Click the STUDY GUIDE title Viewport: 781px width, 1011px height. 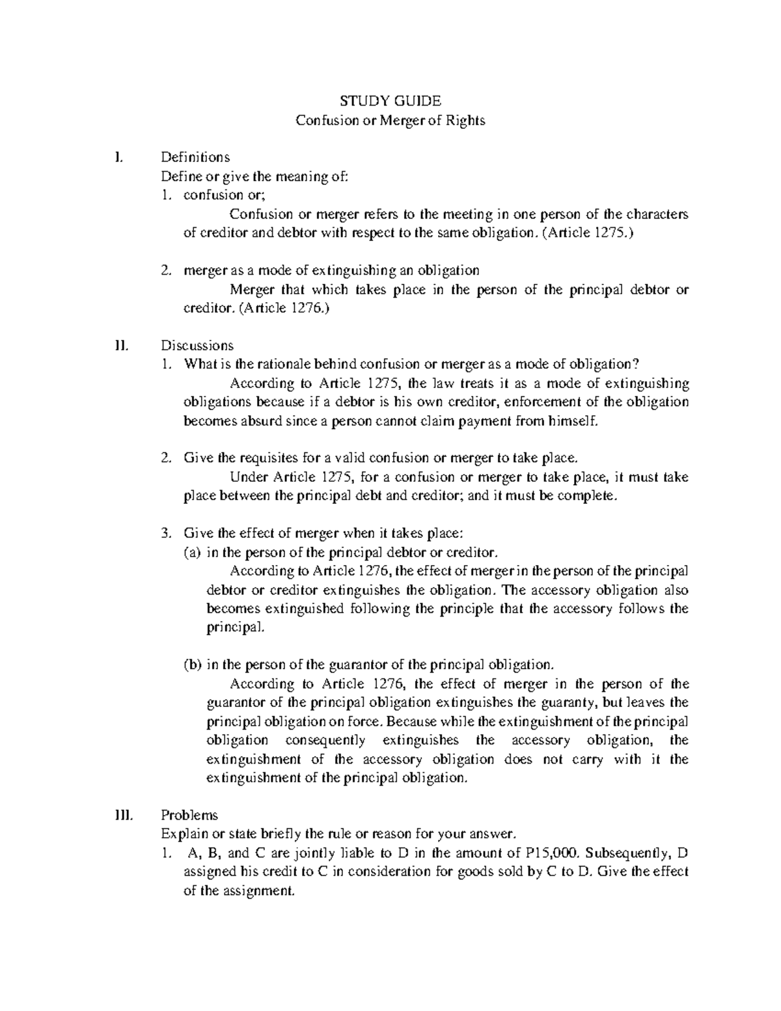390,101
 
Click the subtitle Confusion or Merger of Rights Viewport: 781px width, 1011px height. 390,120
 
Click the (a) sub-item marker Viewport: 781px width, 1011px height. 192,553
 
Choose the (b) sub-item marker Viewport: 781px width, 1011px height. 192,665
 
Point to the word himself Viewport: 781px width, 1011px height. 573,421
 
